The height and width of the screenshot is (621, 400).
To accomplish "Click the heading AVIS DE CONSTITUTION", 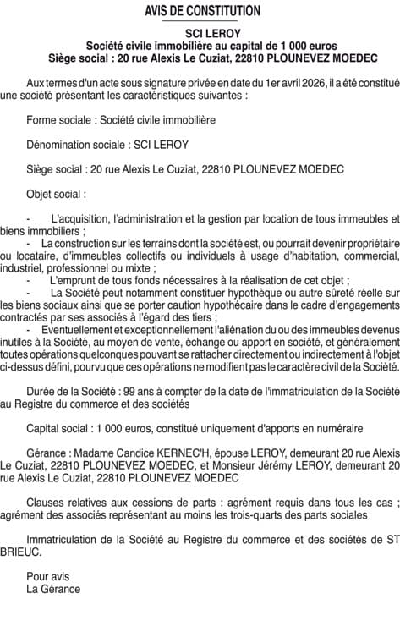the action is [200, 11].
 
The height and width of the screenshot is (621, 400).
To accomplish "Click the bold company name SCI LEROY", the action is [200, 31].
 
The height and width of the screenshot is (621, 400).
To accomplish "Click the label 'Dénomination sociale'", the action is [74, 145].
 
